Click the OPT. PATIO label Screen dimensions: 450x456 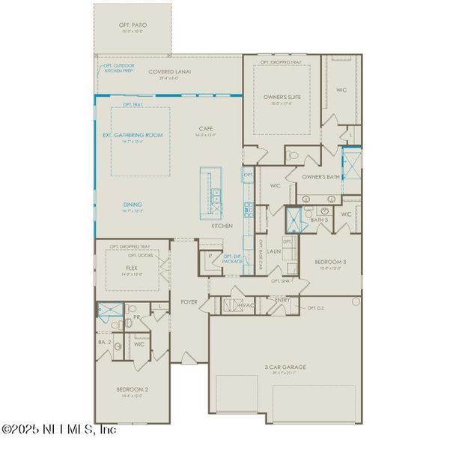[132, 25]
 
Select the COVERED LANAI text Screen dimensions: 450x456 [169, 72]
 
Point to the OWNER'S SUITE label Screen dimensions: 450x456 [281, 97]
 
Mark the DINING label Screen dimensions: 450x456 [133, 204]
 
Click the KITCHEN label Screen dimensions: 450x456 [222, 225]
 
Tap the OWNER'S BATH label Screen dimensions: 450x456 [320, 178]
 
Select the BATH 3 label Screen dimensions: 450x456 [320, 220]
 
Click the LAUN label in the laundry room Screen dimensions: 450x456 [273, 251]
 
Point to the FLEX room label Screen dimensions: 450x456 [131, 267]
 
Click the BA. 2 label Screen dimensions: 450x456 [105, 342]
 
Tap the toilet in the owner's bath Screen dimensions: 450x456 [294, 155]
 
